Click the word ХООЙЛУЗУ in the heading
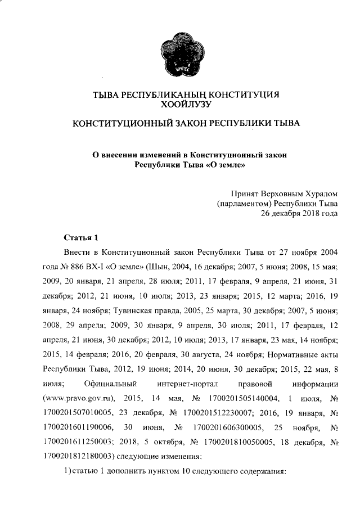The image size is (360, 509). coord(185,103)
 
